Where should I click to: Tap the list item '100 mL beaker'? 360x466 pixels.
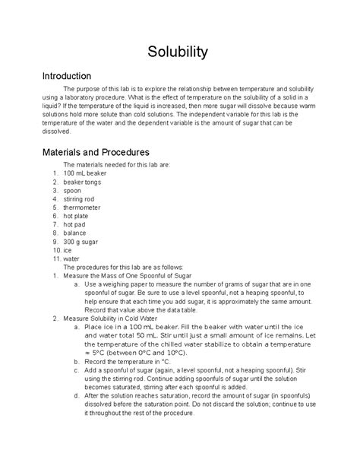click(85, 173)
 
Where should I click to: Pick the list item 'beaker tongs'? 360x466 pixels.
click(84, 184)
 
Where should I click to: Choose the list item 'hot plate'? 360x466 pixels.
click(78, 226)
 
